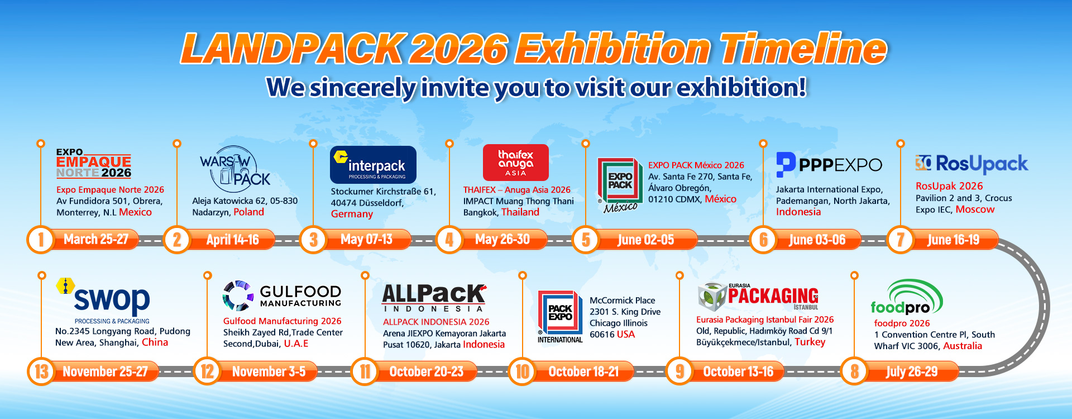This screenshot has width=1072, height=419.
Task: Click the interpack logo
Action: coord(373,165)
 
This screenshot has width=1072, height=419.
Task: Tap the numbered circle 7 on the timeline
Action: coord(900,240)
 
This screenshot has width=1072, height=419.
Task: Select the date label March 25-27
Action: coord(96,240)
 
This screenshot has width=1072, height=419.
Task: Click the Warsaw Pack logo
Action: coord(235,169)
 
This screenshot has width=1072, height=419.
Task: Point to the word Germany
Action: coord(352,214)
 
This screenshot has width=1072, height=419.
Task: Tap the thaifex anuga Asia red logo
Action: coord(515,163)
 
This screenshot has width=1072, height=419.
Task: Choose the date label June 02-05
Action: coord(645,240)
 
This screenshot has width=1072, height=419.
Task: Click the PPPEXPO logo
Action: coord(829,164)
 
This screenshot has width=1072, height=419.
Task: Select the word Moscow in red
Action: coord(975,209)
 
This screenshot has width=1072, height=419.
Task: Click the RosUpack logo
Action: coord(971,164)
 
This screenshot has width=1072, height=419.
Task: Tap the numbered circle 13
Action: coord(41,372)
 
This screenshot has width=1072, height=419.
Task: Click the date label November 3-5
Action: coord(269,372)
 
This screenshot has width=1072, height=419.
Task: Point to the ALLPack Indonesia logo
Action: coord(434,298)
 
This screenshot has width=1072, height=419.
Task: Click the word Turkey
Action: coord(810,342)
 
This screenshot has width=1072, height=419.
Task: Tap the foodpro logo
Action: coord(906,299)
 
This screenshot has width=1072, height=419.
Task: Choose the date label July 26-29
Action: coord(911,372)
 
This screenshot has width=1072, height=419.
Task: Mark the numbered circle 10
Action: coord(522,372)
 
